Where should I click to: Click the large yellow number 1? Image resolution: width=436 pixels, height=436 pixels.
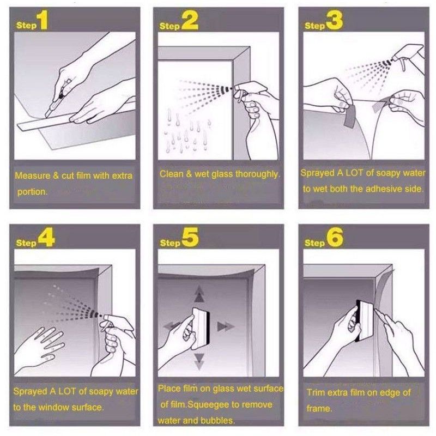(x=43, y=20)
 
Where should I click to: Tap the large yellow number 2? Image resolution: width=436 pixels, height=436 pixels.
(x=190, y=21)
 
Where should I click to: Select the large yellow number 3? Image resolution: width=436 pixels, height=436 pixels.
(x=335, y=20)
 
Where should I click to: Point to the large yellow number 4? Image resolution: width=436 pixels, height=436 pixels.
(x=46, y=238)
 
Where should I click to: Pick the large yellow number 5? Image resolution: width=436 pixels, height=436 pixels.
(x=190, y=237)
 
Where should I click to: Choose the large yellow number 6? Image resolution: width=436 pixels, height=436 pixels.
(x=335, y=237)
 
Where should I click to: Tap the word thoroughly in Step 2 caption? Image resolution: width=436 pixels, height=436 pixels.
(x=257, y=174)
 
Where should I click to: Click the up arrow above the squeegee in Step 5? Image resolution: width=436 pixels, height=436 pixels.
(x=199, y=294)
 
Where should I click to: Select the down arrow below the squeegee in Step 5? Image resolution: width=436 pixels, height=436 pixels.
(x=199, y=361)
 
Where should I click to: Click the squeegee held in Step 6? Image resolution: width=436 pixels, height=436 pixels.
(x=364, y=320)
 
